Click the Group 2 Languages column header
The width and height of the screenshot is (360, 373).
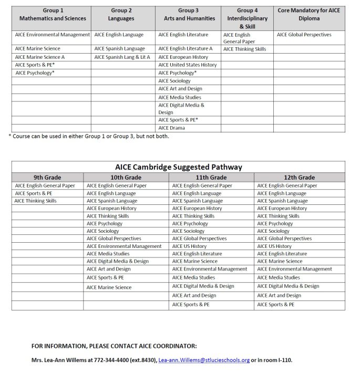[x=122, y=14]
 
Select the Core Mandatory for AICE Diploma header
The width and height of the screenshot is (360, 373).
[x=309, y=14]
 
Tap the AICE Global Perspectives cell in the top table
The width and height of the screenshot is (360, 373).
[x=304, y=35]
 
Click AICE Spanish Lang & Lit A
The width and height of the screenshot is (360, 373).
[x=122, y=57]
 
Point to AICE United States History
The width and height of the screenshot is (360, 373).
[x=187, y=65]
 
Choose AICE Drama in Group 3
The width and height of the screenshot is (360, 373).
[x=171, y=128]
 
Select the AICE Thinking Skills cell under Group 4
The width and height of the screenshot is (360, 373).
[x=244, y=49]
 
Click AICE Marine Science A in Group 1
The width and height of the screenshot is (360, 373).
[x=40, y=57]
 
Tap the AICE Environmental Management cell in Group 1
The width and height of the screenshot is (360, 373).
[x=53, y=35]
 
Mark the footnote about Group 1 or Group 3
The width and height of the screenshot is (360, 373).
[x=89, y=137]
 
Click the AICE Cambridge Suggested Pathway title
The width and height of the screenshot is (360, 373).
[x=179, y=167]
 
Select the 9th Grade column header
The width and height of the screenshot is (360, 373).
[x=47, y=178]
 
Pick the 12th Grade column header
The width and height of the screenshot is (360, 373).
[x=299, y=178]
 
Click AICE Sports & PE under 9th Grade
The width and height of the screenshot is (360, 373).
[x=33, y=193]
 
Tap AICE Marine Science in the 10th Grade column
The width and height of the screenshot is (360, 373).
[x=109, y=287]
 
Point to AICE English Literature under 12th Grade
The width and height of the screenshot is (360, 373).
[x=284, y=254]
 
